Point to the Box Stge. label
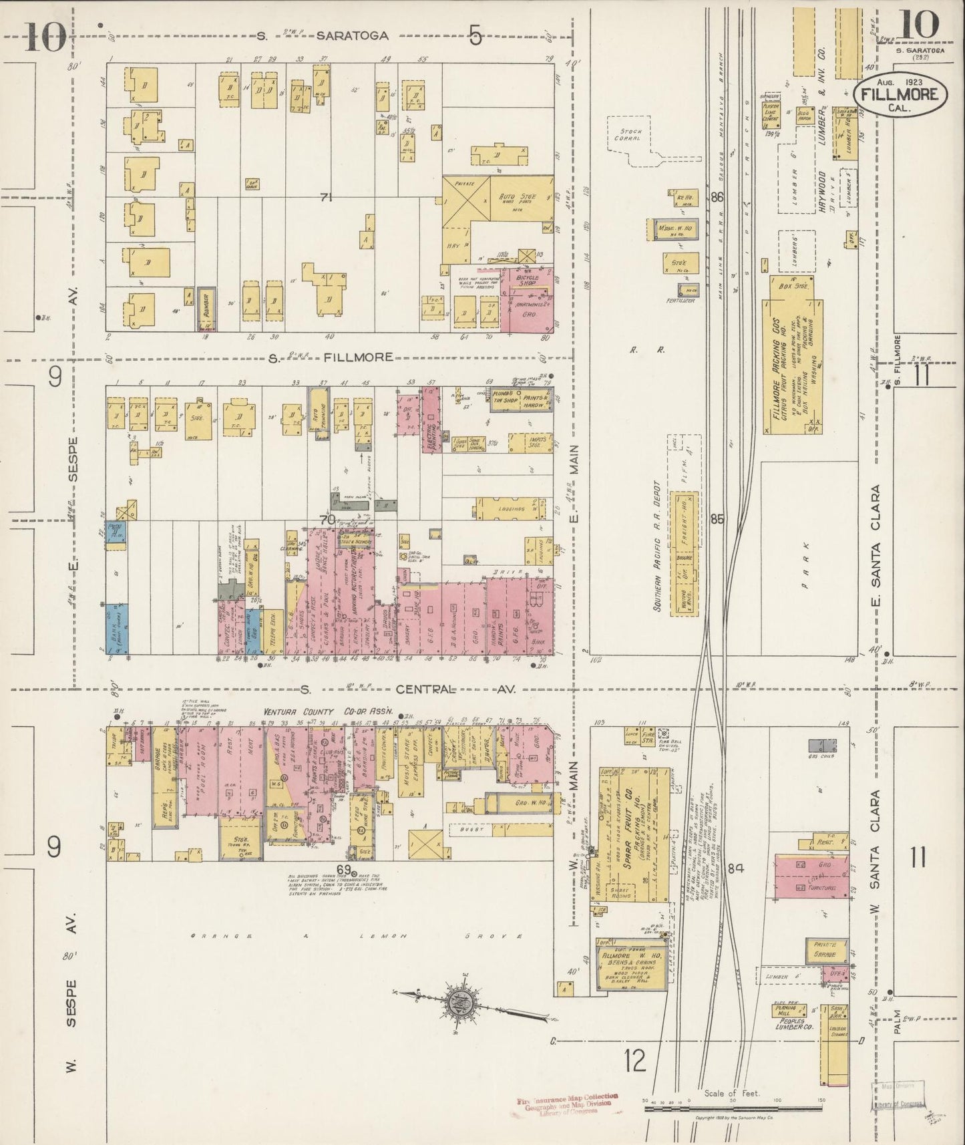pos(793,285)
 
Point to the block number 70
pos(327,519)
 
